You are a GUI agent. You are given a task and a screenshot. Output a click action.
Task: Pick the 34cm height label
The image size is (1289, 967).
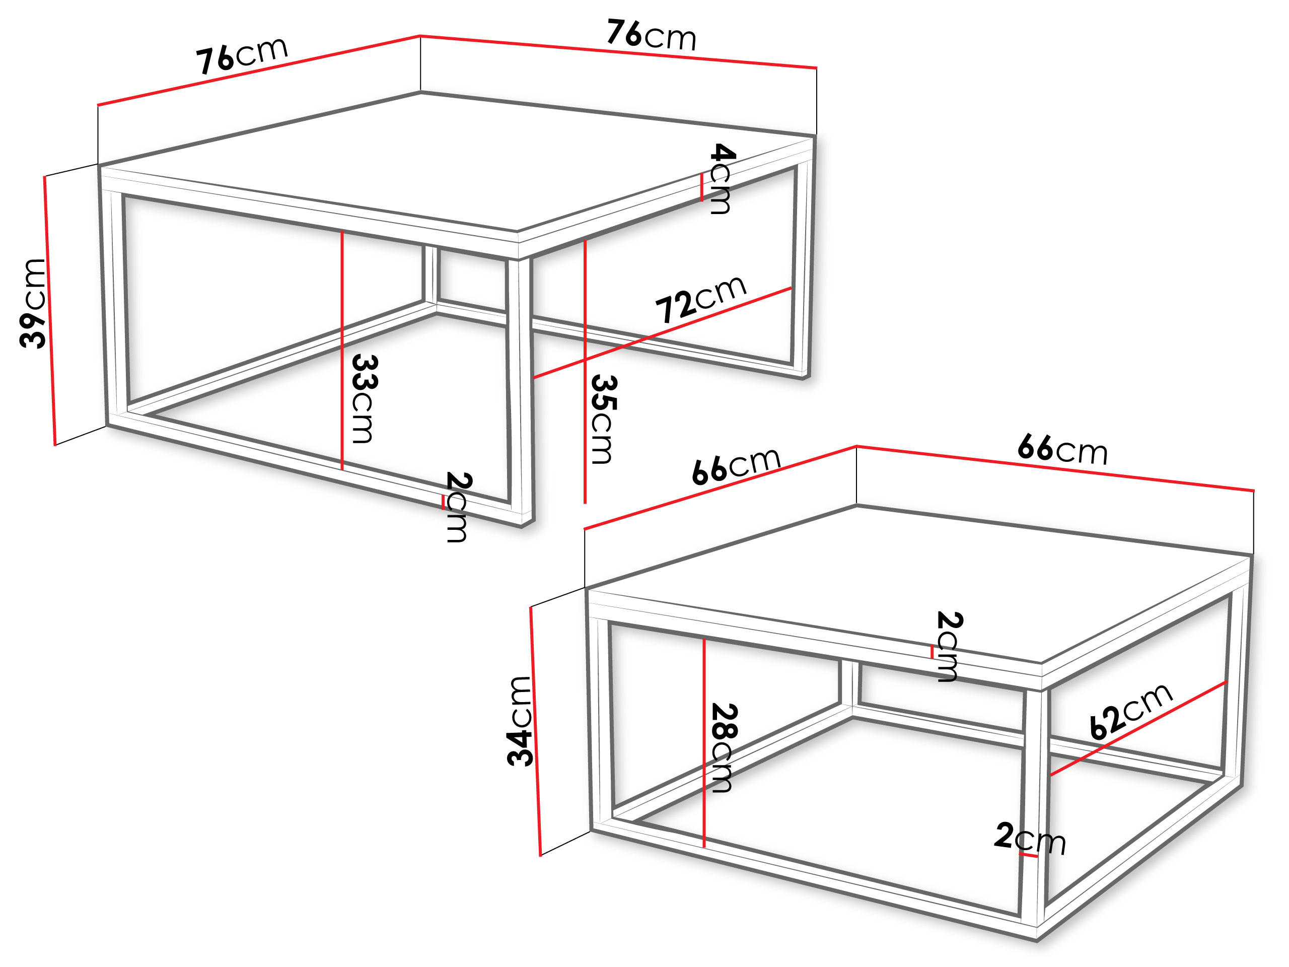[x=519, y=721]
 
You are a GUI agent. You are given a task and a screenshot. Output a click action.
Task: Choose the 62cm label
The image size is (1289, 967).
[x=1130, y=711]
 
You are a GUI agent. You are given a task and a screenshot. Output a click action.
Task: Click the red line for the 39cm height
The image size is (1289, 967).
[x=49, y=309]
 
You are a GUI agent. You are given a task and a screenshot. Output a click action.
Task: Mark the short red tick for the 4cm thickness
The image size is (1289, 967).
[x=701, y=188]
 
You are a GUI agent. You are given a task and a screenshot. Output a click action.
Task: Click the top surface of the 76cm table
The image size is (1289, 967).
[x=455, y=163]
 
